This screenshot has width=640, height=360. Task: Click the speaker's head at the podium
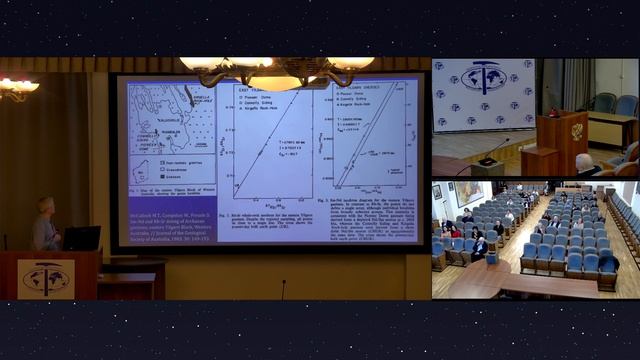point(46,206)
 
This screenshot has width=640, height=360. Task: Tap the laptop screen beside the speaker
point(82,238)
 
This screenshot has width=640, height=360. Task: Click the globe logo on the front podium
point(46,279)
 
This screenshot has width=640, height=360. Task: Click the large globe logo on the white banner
point(484,77)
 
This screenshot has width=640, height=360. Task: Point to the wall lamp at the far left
point(18,88)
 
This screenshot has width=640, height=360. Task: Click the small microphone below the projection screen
point(283,289)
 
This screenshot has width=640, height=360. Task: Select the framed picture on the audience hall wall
point(468,193)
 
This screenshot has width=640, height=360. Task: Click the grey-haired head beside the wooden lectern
point(584,161)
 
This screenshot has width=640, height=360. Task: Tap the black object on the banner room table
point(487,161)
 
